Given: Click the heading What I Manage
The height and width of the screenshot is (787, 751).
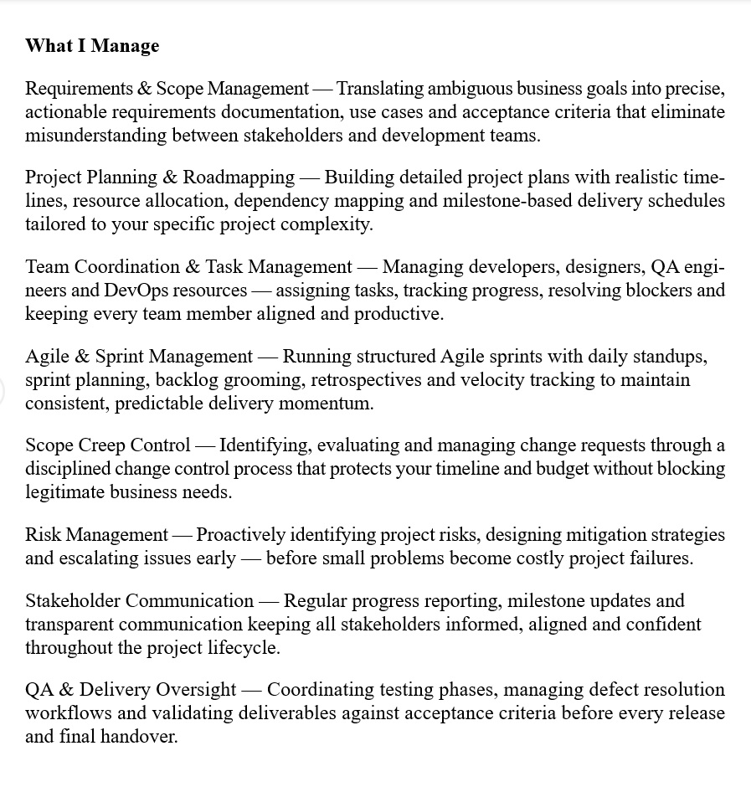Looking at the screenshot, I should [92, 45].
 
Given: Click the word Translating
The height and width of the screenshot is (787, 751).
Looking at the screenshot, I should [379, 88].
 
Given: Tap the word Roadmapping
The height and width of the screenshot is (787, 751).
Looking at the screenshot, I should [239, 177].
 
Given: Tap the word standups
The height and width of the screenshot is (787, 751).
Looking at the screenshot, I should [670, 356].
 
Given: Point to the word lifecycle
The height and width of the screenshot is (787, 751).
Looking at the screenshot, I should [244, 647].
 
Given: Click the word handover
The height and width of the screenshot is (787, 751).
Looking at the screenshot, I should [139, 737].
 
